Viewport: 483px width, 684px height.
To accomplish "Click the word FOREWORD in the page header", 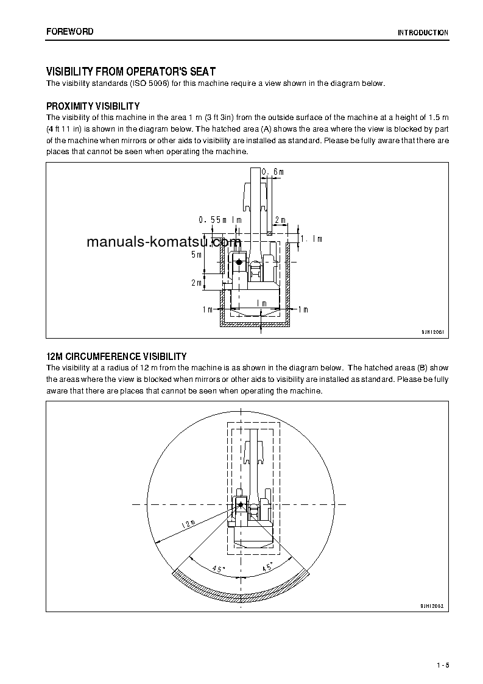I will (x=70, y=32).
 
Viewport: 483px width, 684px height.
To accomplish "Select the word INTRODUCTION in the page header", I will (x=423, y=33).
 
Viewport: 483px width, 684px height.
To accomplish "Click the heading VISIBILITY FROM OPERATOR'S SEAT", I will (x=131, y=72).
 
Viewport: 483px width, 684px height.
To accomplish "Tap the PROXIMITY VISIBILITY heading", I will (x=93, y=106).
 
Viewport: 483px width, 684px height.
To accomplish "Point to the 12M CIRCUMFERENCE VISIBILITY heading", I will (x=116, y=356).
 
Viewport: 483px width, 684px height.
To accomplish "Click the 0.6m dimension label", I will (x=273, y=172).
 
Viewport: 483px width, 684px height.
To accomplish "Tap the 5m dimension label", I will (x=196, y=255).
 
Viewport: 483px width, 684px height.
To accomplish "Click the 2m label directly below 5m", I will (x=196, y=283).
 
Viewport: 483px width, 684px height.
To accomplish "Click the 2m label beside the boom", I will (x=280, y=219).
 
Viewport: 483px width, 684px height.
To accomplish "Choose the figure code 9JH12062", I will (x=432, y=607).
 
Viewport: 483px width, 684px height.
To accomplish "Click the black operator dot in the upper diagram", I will (x=239, y=262).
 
